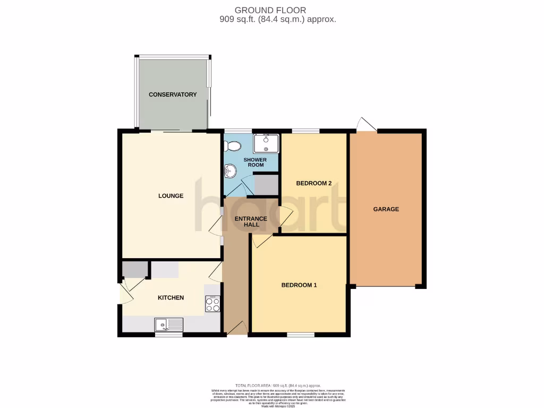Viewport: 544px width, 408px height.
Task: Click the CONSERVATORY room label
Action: click(173, 95)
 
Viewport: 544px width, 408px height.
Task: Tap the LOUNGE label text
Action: click(171, 196)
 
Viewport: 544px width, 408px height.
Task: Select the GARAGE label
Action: click(386, 209)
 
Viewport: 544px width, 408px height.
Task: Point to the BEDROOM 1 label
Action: click(299, 285)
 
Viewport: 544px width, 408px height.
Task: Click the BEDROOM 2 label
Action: click(313, 184)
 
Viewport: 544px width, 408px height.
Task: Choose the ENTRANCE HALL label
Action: click(247, 222)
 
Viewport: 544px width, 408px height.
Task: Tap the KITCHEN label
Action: click(171, 298)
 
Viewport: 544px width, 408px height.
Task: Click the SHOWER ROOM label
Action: click(256, 162)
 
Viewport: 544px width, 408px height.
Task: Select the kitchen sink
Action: click(168, 324)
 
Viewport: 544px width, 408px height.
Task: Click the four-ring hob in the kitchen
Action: click(213, 304)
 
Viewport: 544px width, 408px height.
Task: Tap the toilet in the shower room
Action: click(233, 146)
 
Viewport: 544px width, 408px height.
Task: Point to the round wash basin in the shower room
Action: click(230, 170)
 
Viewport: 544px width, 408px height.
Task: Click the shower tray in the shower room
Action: click(266, 143)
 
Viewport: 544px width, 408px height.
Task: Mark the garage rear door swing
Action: click(366, 124)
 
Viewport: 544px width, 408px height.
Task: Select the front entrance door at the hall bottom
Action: click(237, 328)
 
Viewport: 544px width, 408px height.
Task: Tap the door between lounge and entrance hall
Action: click(216, 226)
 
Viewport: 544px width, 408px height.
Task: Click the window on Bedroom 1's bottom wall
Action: click(301, 335)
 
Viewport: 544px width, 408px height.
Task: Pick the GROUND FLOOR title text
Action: click(270, 10)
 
